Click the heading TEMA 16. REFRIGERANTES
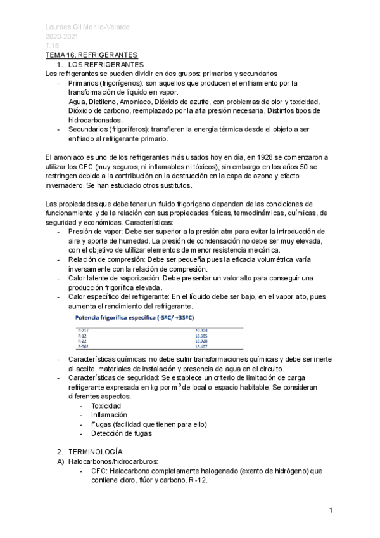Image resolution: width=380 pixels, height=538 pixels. point(91,56)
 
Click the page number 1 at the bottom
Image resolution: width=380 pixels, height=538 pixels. point(331,511)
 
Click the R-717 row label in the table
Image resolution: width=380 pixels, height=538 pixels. point(83,331)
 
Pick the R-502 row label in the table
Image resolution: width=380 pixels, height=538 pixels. point(83,347)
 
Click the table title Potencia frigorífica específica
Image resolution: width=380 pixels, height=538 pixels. point(134,317)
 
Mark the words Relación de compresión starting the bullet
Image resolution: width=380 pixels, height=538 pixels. point(110,259)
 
